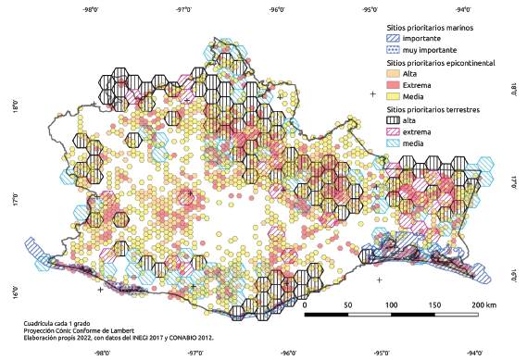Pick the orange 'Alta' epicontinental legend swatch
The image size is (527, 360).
[394, 73]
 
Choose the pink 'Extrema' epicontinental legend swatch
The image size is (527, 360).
[394, 84]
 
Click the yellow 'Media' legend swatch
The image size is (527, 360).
[394, 95]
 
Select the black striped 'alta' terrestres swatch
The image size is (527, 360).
[394, 120]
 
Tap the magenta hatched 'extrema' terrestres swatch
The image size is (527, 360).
[394, 131]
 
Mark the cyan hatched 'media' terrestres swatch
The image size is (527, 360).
[394, 143]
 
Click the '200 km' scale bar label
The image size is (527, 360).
[483, 304]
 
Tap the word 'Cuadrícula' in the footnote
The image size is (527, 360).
[42, 323]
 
